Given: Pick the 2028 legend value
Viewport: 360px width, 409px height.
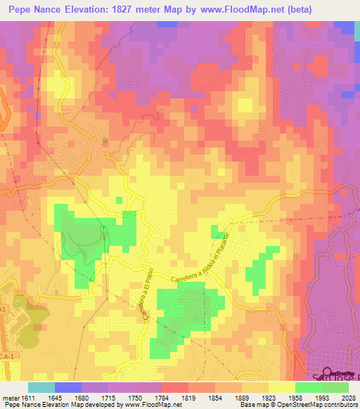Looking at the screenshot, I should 348,398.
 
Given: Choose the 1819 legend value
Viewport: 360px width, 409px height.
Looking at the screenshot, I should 188,398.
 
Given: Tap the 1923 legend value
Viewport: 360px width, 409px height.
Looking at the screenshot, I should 268,398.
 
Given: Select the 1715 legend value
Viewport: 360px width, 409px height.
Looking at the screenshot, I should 108,398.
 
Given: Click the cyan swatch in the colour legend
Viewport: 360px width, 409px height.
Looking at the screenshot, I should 41,387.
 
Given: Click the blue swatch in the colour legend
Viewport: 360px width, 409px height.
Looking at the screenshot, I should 68,387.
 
